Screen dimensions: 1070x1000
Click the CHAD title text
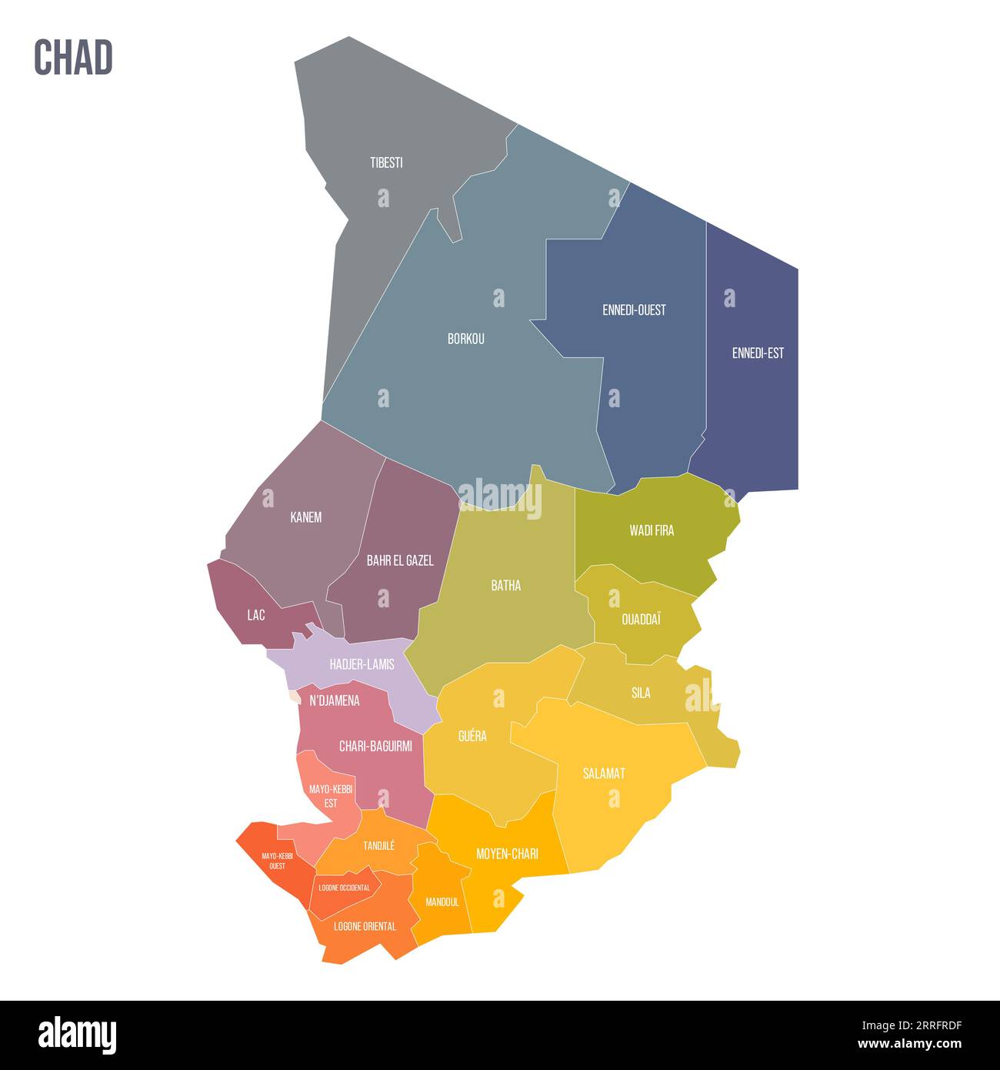(x=73, y=58)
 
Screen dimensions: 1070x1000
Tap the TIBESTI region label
(x=386, y=163)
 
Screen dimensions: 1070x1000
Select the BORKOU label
(x=466, y=339)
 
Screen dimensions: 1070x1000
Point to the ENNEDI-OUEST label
(x=634, y=310)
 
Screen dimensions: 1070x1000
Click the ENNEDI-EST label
(x=758, y=353)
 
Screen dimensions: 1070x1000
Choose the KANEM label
(x=306, y=517)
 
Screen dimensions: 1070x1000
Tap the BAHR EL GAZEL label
(x=400, y=560)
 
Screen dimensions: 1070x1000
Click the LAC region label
(x=256, y=615)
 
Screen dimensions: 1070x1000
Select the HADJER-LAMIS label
(x=362, y=664)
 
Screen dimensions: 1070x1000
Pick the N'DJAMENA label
(x=335, y=701)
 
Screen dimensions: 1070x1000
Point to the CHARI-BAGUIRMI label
(x=375, y=746)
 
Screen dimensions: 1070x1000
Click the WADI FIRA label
(x=652, y=530)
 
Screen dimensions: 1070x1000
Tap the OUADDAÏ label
(x=641, y=619)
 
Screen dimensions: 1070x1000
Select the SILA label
(x=641, y=693)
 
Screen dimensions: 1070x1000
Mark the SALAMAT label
(x=604, y=773)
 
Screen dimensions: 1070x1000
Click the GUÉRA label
(x=472, y=736)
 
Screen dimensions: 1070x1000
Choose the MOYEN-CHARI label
(x=507, y=854)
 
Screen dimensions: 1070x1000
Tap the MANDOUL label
(x=442, y=901)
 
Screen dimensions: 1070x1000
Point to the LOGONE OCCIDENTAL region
(x=344, y=888)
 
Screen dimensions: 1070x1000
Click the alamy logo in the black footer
(x=77, y=1035)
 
